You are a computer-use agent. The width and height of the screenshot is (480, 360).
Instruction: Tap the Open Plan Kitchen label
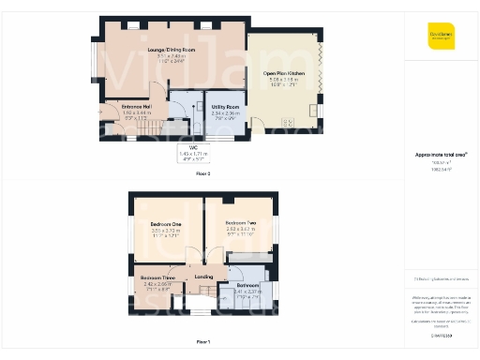click(285, 72)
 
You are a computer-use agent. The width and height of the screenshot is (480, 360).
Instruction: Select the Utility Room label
click(225, 108)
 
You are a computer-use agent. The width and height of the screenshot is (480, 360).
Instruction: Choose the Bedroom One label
click(165, 224)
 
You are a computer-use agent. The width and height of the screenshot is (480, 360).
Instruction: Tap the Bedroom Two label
click(241, 222)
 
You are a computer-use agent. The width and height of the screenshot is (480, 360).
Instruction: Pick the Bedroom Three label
click(157, 278)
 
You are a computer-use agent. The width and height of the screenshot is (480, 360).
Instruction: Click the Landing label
click(203, 277)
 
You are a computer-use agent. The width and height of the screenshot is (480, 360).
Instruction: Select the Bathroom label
click(247, 285)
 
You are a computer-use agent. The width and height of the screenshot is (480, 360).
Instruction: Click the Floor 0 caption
click(203, 173)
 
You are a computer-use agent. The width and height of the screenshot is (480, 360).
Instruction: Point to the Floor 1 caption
click(203, 342)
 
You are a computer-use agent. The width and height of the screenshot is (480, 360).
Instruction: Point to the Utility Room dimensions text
click(225, 116)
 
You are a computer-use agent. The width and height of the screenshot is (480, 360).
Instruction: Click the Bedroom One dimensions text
click(165, 232)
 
